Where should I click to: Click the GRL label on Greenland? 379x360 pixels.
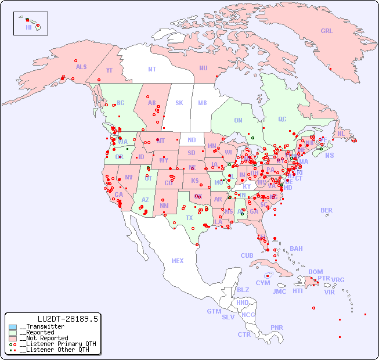coord(327,31)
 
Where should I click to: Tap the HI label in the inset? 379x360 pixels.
coord(28,27)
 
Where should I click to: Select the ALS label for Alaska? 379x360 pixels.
coord(81,67)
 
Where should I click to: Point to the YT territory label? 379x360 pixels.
coord(109,70)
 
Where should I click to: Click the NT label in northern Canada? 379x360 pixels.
coord(151,69)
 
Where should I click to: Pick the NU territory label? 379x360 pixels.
coord(203,68)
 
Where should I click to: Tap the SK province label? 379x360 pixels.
coord(179,103)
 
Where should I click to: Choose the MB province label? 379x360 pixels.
coord(202,103)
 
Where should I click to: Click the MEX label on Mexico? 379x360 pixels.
coord(178,261)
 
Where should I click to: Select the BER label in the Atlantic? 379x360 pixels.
coord(326,210)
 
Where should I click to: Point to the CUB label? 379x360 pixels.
coord(247,255)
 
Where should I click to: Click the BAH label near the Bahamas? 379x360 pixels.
coord(296,249)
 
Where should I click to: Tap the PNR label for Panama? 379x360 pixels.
coord(277,327)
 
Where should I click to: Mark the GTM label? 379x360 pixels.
coord(214,311)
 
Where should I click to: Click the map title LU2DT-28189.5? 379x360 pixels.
coord(67,319)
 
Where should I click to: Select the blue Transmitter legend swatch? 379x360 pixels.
coord(13,327)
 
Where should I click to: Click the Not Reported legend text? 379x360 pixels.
coord(44,338)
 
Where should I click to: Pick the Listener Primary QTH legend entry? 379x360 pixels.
coord(52,344)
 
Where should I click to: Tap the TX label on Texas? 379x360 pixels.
coord(189,218)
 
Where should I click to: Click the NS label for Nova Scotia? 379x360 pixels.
coord(329,156)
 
